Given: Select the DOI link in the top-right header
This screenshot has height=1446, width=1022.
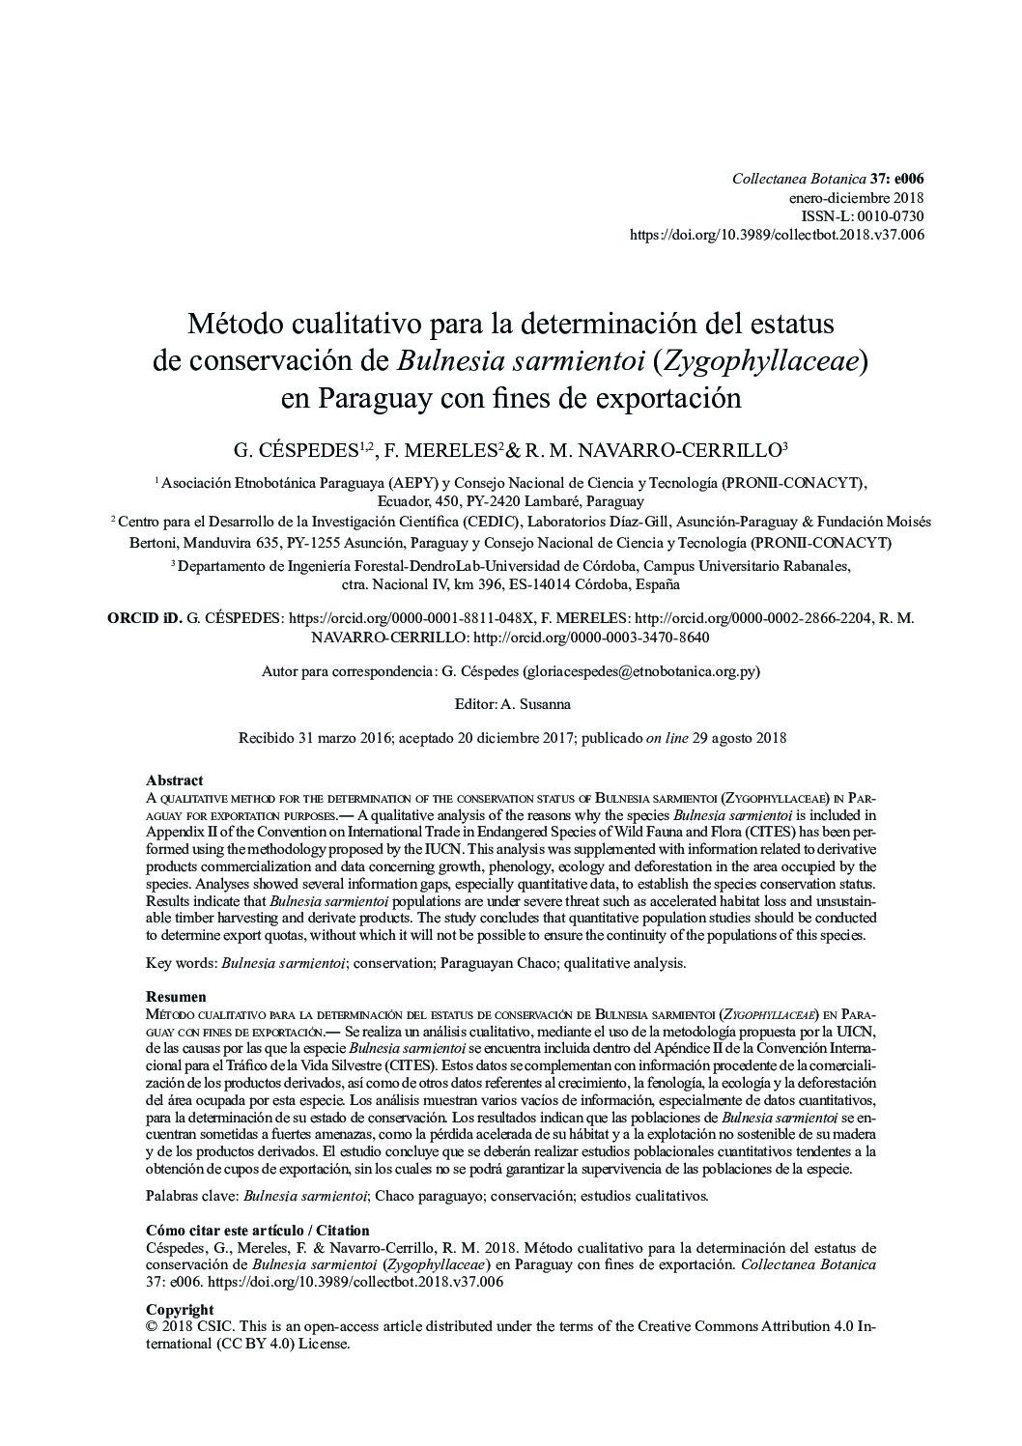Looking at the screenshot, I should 777,235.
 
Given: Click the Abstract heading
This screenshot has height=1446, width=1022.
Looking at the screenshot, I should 174,780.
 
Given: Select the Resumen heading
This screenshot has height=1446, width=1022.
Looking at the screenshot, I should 176,996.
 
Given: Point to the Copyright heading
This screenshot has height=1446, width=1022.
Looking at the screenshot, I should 180,1310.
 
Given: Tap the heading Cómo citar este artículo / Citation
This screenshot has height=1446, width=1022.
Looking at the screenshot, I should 257,1231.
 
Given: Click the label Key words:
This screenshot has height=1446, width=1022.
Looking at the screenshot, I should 182,963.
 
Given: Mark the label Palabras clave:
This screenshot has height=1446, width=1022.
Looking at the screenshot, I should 192,1197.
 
